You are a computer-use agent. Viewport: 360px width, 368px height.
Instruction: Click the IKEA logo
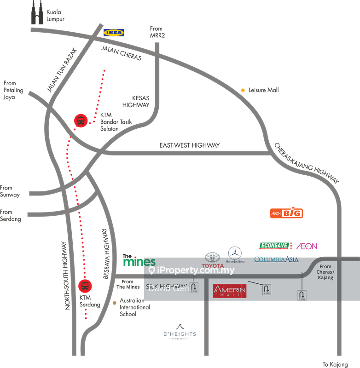tap(114, 32)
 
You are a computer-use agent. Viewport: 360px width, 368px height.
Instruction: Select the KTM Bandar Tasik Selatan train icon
tap(81, 121)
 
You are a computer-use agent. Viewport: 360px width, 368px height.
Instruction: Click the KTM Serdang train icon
tap(85, 286)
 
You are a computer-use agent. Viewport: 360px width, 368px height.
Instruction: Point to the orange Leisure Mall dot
tap(243, 90)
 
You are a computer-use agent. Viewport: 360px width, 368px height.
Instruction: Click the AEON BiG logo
tap(286, 213)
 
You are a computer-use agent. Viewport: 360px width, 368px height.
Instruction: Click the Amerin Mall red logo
tap(229, 291)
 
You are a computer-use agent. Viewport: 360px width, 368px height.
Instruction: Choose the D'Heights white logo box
tap(180, 332)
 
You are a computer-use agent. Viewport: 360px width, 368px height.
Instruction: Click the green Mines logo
tap(139, 261)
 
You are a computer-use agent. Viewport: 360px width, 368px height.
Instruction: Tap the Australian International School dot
tap(115, 303)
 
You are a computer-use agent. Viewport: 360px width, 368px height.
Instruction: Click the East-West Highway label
tap(189, 145)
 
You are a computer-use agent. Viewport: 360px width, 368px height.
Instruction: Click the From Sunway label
tap(10, 191)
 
